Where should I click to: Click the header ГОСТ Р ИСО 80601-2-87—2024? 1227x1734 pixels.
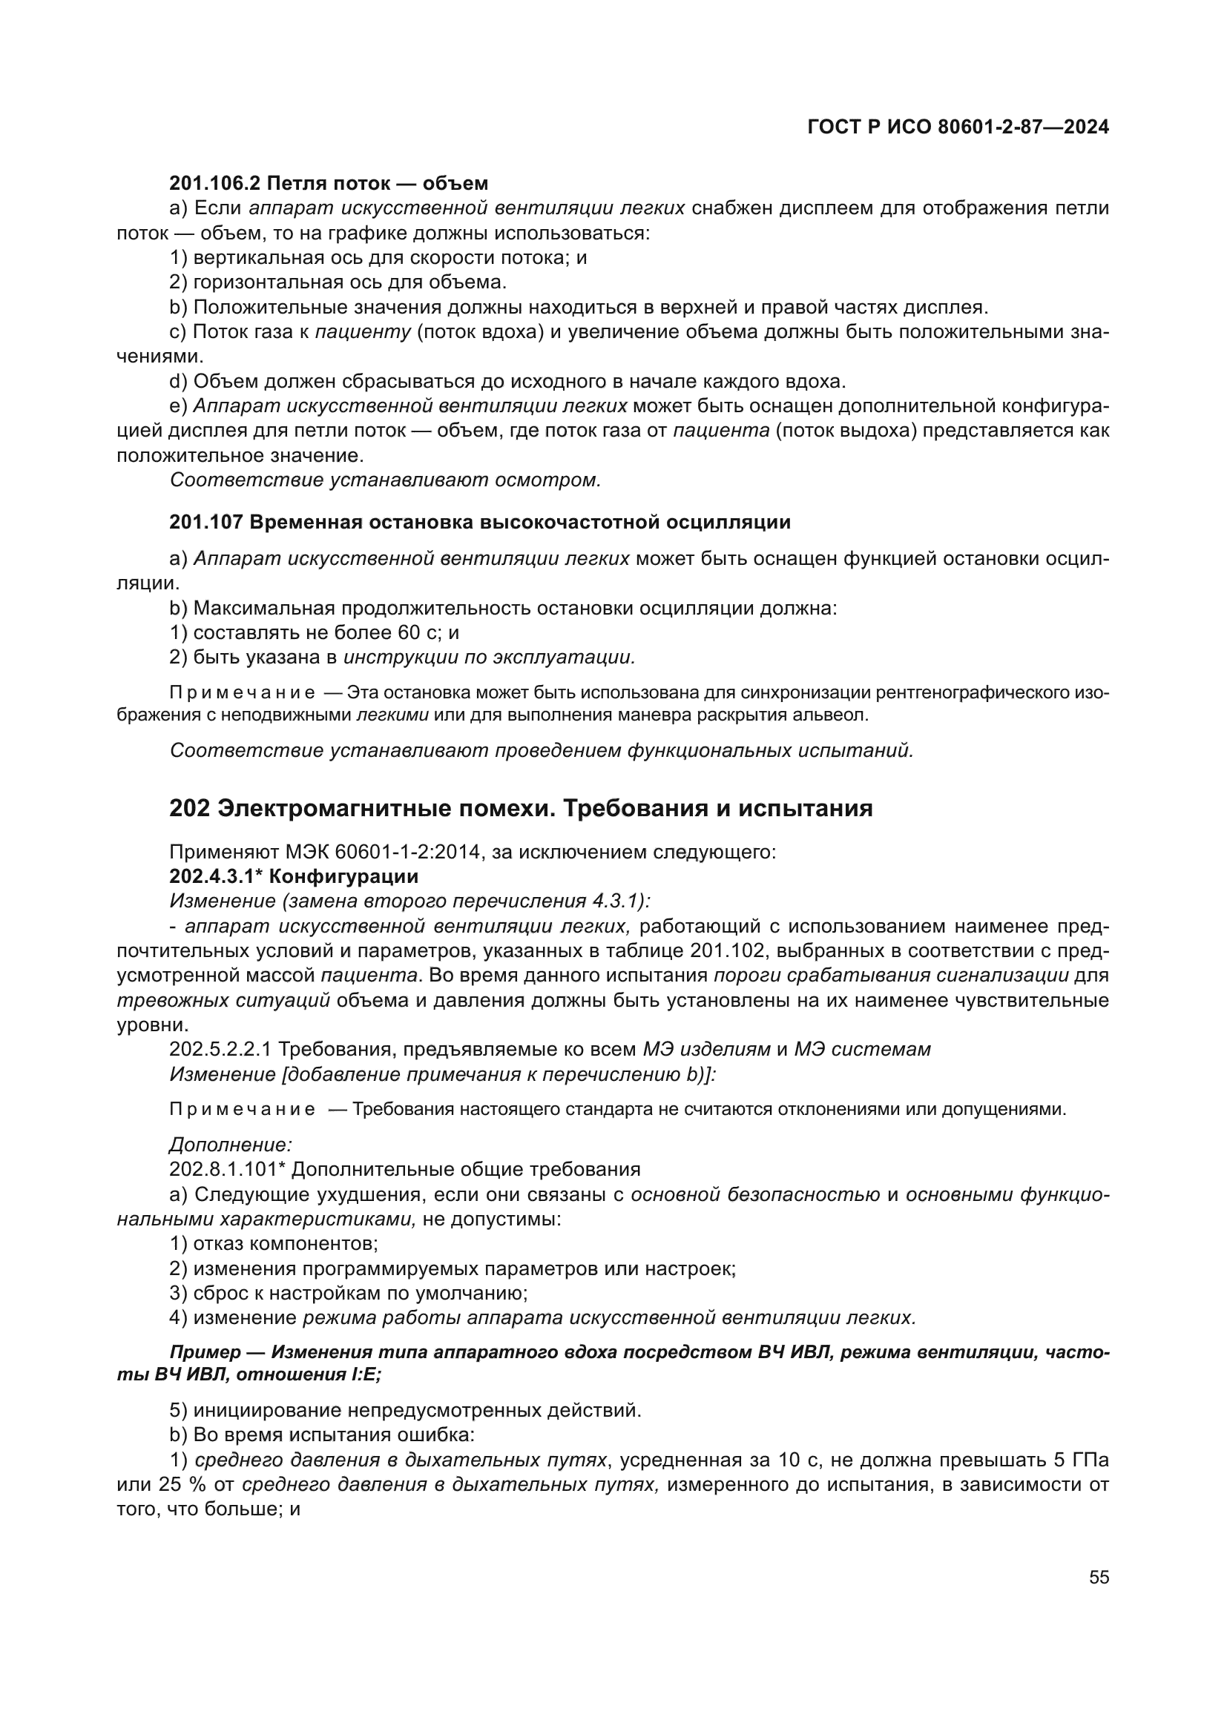coord(958,128)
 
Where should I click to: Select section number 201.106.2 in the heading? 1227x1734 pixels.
coord(215,184)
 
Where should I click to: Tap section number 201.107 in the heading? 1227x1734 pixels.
coord(205,522)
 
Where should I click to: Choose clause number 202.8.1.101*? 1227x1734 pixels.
coord(228,1170)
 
